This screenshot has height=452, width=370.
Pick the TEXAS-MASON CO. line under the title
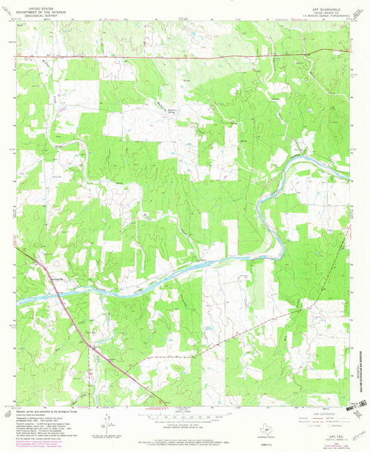click(x=323, y=10)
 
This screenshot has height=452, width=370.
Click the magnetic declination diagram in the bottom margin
click(x=108, y=419)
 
